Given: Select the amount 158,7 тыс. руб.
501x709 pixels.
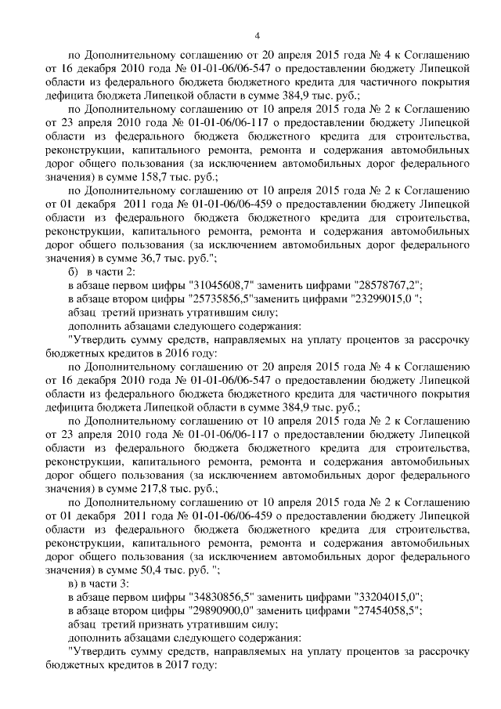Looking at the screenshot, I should coord(182,177).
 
